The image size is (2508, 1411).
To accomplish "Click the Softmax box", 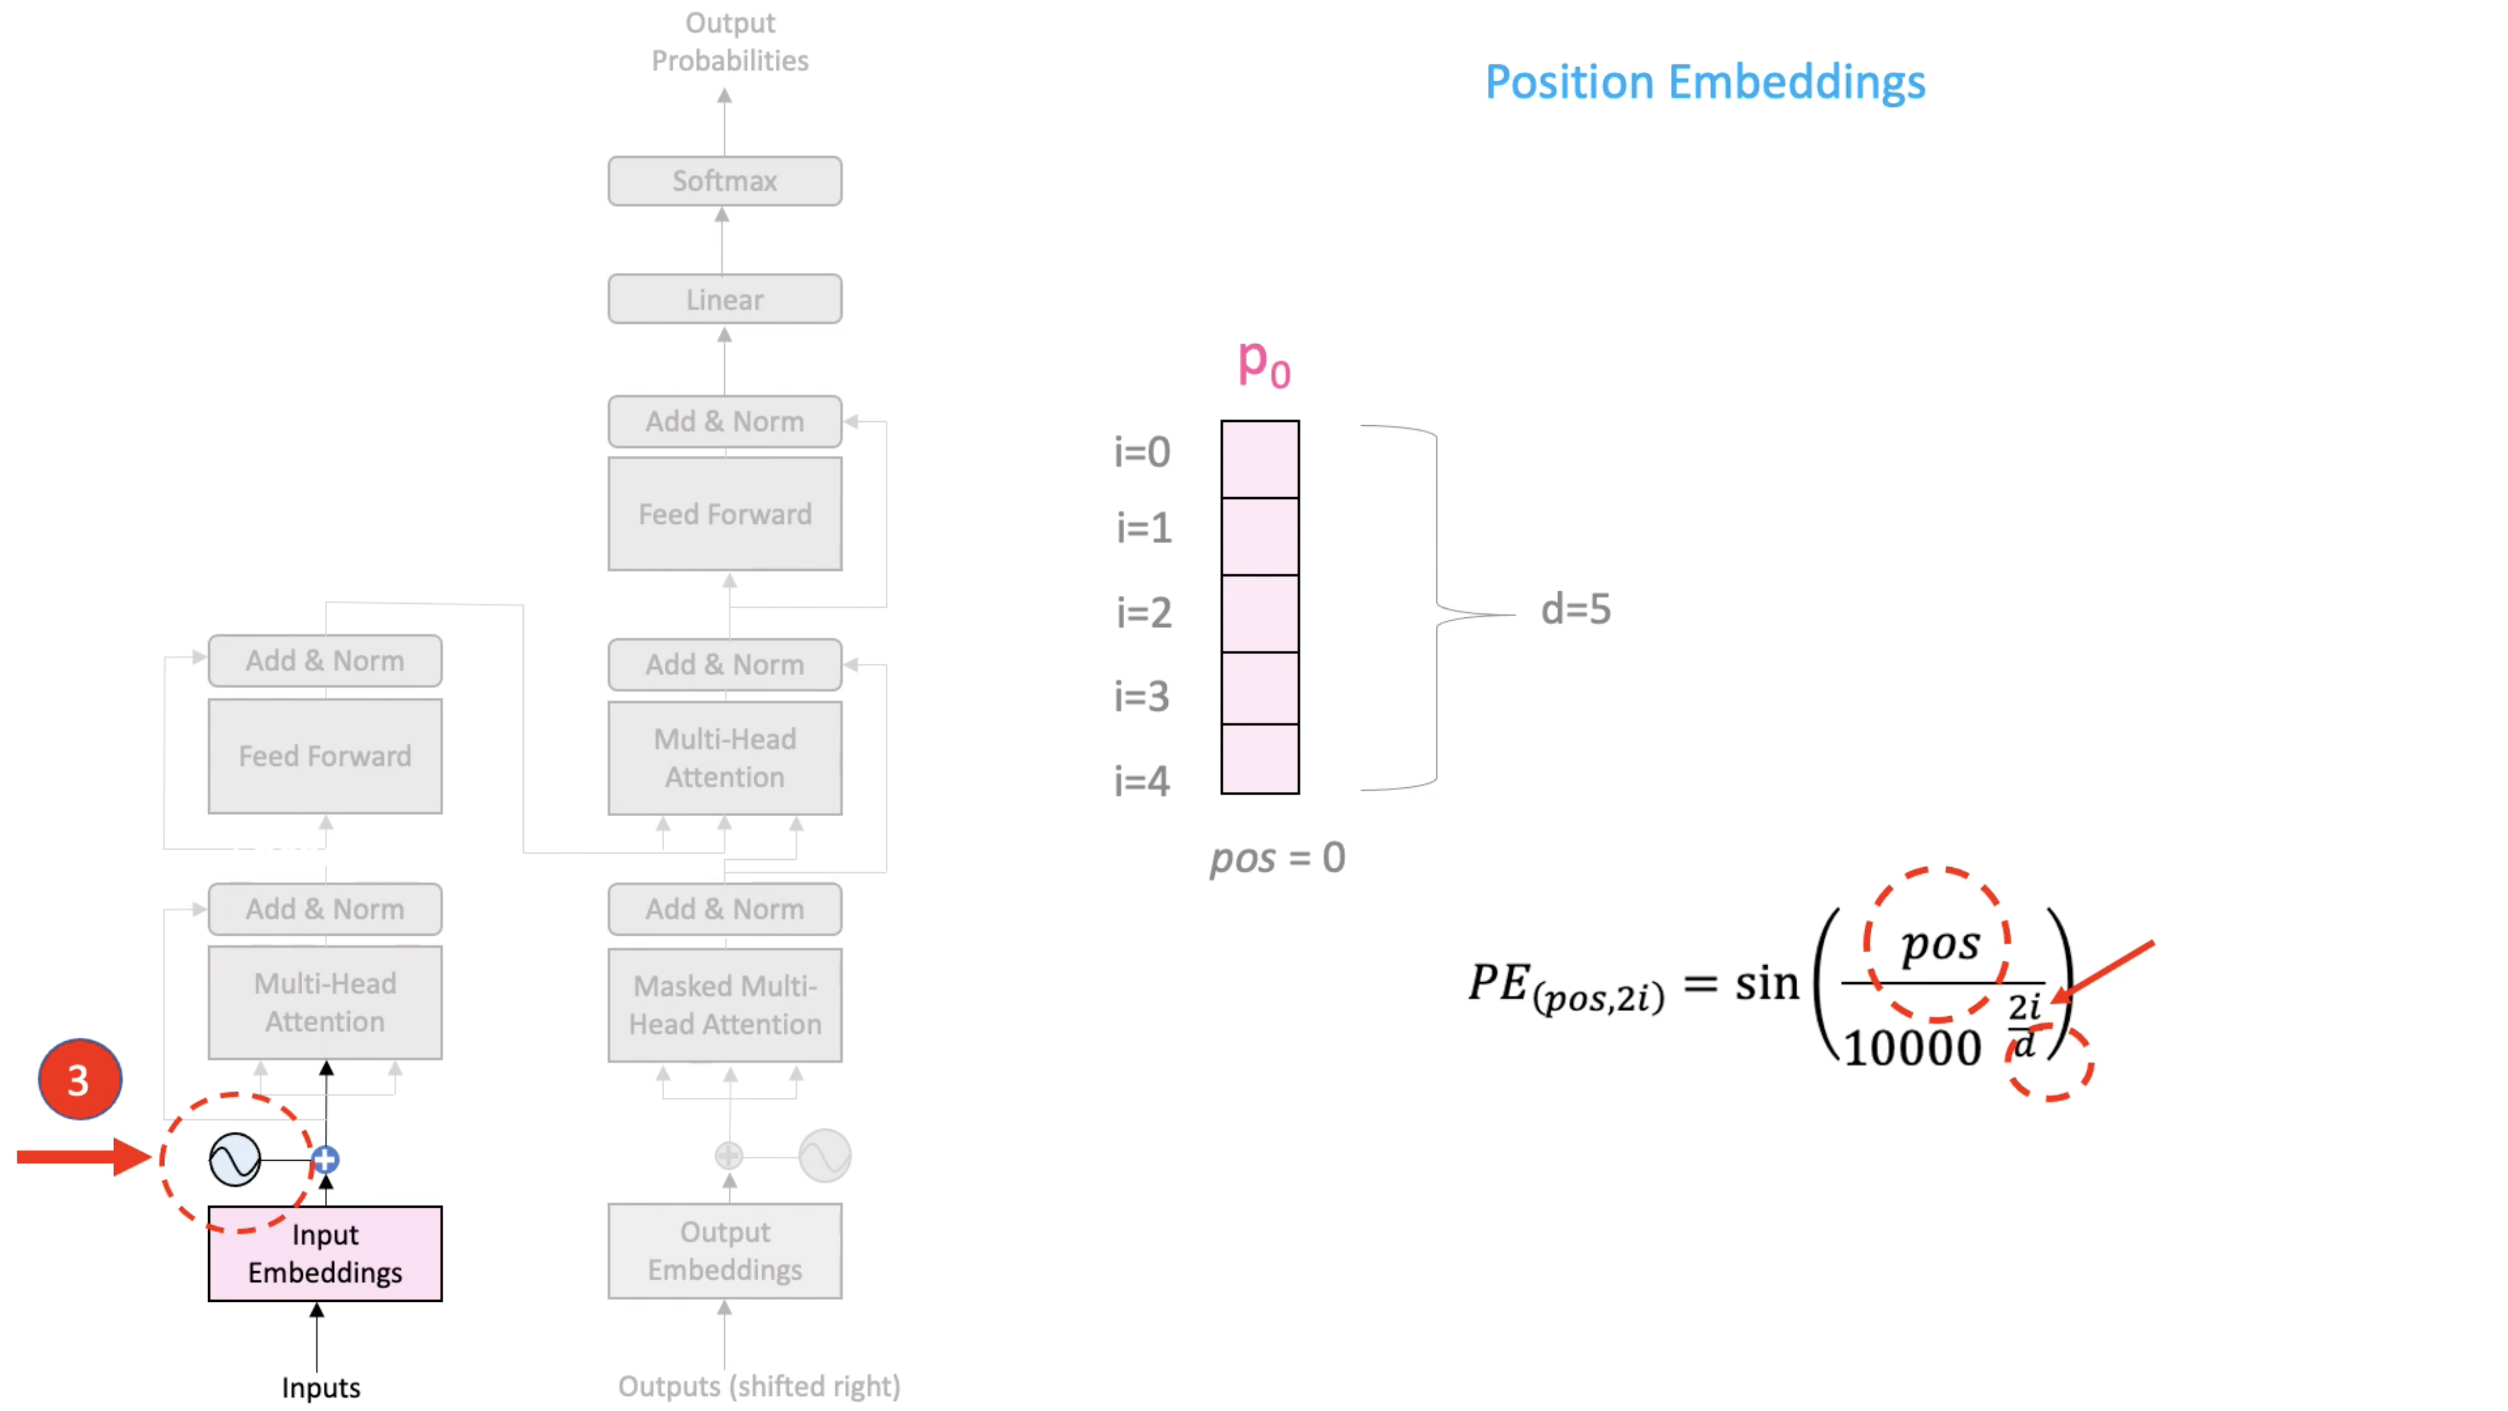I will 724,181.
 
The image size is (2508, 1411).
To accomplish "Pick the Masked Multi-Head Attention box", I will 724,1005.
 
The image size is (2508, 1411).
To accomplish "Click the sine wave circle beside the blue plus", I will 235,1160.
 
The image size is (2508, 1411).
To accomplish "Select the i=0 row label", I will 1142,452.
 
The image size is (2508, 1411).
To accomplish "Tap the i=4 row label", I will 1142,781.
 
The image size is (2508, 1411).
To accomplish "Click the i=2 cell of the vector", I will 1260,613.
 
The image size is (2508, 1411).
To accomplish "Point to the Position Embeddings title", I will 1705,82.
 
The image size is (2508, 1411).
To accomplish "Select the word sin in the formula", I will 1767,983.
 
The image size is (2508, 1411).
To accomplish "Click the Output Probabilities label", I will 729,42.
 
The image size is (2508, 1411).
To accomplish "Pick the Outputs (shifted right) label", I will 758,1386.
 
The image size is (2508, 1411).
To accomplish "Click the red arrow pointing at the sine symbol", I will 83,1157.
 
